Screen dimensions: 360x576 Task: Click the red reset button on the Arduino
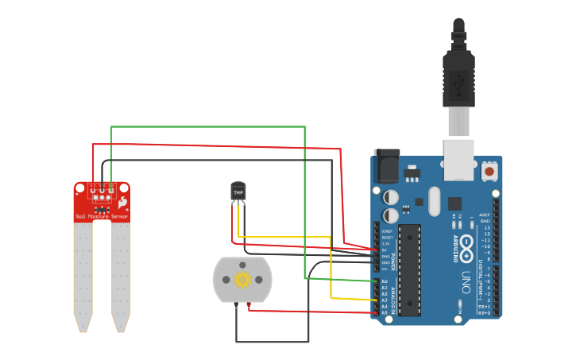(489, 171)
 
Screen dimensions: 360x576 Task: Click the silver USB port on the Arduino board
(458, 157)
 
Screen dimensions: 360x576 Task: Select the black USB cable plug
(458, 79)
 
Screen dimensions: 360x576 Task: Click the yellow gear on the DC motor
(242, 279)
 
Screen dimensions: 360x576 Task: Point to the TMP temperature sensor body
(238, 192)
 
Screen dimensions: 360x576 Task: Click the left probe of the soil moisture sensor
(83, 274)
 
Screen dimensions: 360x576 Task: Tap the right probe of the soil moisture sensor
(121, 274)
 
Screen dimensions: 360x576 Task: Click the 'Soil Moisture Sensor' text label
(101, 216)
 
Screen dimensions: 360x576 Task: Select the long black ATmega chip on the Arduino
(409, 269)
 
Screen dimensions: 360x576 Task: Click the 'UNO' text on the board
(466, 282)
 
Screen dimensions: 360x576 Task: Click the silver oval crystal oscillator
(433, 201)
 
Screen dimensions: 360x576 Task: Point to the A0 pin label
(385, 281)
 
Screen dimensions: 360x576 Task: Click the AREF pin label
(485, 215)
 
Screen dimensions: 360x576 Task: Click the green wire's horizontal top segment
(207, 126)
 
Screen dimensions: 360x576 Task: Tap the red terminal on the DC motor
(249, 305)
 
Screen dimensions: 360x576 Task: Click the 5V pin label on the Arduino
(385, 250)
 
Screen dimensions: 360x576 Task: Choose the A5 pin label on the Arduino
(385, 312)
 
